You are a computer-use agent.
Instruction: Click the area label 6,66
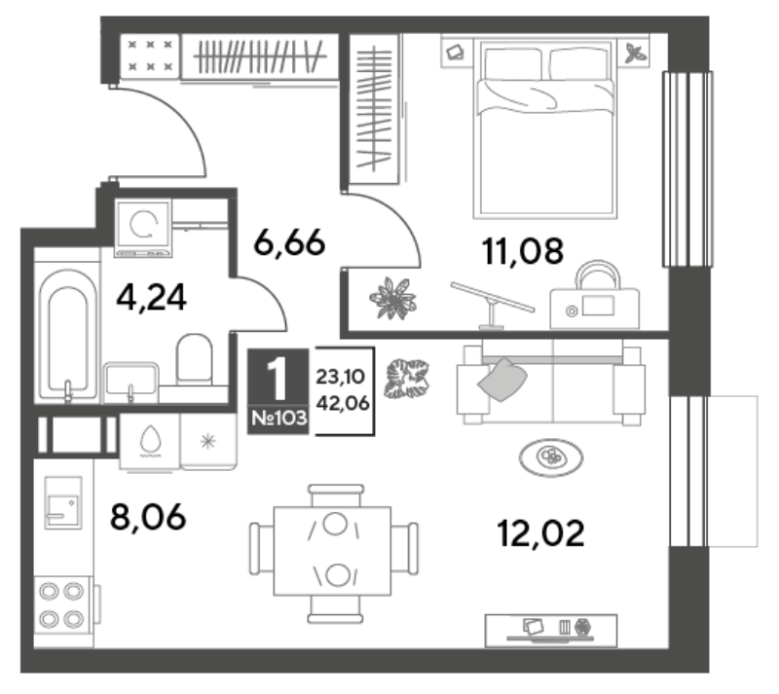[x=289, y=243]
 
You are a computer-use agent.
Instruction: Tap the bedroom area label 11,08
[x=523, y=250]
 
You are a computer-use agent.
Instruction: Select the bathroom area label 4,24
[x=151, y=297]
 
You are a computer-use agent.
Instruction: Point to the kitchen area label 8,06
[x=148, y=517]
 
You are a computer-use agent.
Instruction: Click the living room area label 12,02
[x=540, y=533]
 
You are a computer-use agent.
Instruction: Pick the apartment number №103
[x=278, y=418]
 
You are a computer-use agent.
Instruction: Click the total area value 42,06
[x=343, y=403]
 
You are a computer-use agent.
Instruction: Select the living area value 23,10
[x=341, y=377]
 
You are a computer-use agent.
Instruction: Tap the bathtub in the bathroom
[x=67, y=336]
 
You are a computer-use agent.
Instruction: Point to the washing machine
[x=143, y=228]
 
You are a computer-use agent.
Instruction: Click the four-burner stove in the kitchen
[x=62, y=605]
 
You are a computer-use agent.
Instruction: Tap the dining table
[x=332, y=551]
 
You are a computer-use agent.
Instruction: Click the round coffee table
[x=551, y=457]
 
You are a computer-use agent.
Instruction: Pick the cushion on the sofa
[x=501, y=380]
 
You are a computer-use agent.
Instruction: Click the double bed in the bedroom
[x=545, y=128]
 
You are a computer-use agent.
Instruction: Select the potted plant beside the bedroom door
[x=393, y=299]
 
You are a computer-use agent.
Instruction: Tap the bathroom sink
[x=130, y=383]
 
